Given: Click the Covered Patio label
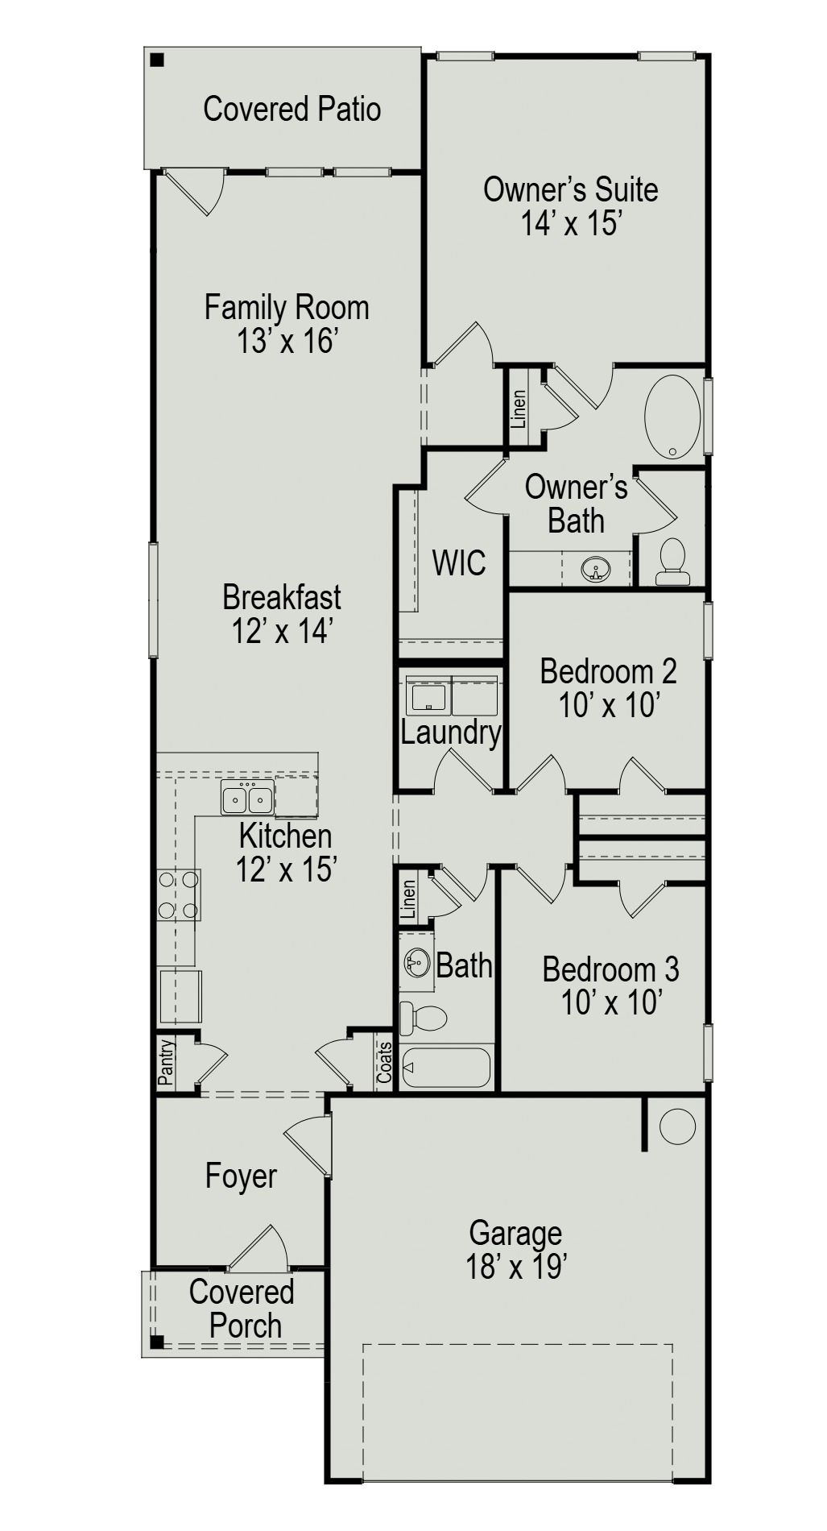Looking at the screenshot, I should (x=292, y=109).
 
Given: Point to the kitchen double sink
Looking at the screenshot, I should (x=248, y=799).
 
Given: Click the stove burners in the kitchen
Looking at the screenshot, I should (x=179, y=894).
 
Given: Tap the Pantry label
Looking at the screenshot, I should (x=166, y=1061).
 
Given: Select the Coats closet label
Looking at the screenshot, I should (x=385, y=1063).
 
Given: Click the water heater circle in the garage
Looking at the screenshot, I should (x=677, y=1126).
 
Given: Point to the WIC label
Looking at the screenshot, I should (x=459, y=562).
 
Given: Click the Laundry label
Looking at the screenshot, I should (x=451, y=732).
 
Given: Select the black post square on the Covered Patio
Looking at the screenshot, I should (x=158, y=60).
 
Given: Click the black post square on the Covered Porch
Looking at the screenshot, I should (x=158, y=1342).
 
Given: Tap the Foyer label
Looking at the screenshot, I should (x=241, y=1176).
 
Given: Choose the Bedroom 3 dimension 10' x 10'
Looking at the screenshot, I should (x=611, y=1003).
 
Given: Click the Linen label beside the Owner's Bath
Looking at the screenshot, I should (x=519, y=409).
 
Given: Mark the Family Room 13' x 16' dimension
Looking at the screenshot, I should (x=286, y=342).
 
